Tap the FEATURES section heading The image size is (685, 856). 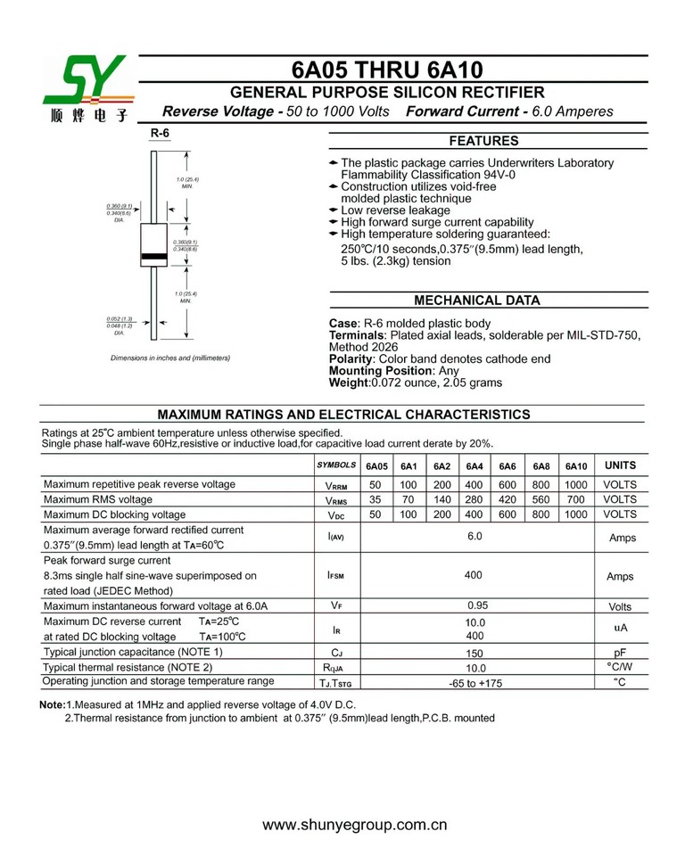point(483,141)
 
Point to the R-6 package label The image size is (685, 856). point(160,134)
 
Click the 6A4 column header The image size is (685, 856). point(475,466)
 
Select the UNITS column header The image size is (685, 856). point(620,465)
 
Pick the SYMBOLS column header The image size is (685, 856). point(336,466)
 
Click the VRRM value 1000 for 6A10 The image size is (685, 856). point(576,484)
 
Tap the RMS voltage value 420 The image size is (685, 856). point(508,499)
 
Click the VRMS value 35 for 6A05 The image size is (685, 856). point(376,499)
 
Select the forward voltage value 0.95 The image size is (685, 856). point(475,605)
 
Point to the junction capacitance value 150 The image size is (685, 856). point(475,653)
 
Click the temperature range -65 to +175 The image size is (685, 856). point(475,683)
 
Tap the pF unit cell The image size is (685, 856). point(620,653)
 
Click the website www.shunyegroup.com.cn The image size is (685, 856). point(354,825)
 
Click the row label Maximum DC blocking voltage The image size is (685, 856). point(115,514)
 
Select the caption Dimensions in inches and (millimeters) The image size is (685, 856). point(170,358)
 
